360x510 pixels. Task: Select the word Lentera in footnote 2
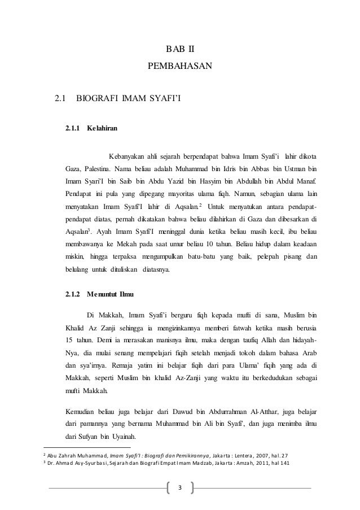pos(254,456)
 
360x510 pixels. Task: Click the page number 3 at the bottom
pos(179,487)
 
